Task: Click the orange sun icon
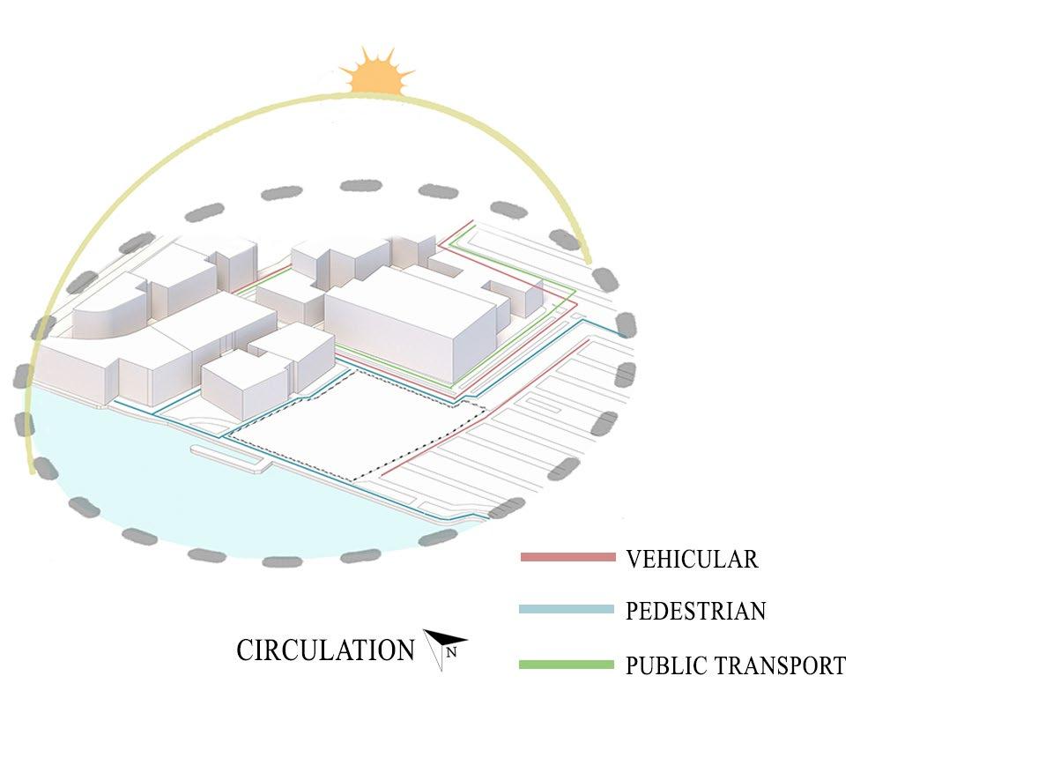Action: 377,74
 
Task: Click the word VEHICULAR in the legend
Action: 692,559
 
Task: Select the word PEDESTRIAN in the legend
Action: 695,611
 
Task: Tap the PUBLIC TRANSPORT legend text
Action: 736,665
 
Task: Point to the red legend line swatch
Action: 567,557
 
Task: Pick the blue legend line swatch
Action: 567,610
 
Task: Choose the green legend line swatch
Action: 567,665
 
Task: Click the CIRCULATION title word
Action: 325,650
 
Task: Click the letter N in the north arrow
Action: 451,653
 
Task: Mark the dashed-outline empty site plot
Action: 352,423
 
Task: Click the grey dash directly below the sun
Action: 361,186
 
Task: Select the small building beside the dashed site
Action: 244,384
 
